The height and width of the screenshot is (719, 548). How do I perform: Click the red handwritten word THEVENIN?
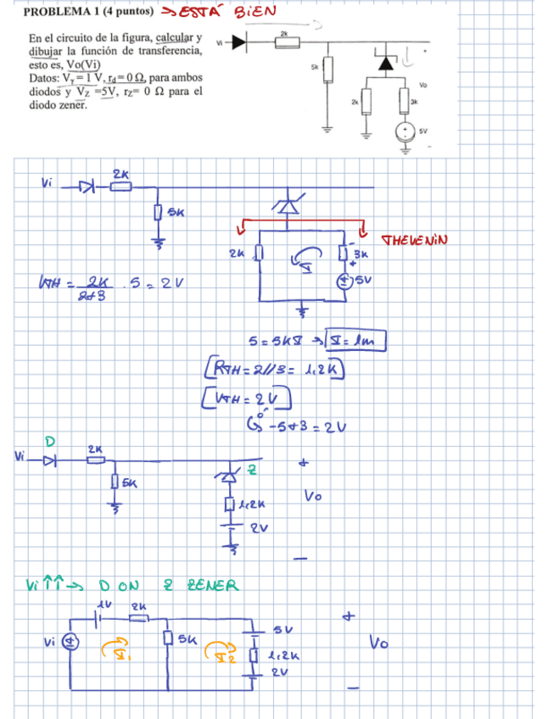[x=416, y=240]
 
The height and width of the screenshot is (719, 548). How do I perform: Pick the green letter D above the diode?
[x=50, y=441]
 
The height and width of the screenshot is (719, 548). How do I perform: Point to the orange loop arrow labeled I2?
[x=223, y=651]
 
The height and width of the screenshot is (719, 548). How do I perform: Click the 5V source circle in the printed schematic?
[x=406, y=132]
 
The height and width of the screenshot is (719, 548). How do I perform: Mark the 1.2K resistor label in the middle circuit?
[x=246, y=504]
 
